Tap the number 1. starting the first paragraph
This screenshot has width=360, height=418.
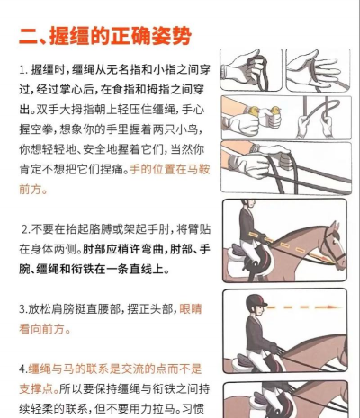click(x=23, y=70)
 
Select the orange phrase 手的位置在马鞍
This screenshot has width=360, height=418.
click(x=170, y=170)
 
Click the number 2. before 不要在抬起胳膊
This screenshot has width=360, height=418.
click(x=26, y=229)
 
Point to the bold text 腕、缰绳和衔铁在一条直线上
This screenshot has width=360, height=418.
click(x=94, y=269)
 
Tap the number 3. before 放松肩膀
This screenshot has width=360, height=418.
click(x=23, y=309)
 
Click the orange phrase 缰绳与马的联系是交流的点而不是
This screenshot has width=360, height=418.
click(x=115, y=369)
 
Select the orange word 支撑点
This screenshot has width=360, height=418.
click(x=39, y=388)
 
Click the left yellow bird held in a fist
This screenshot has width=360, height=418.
click(x=254, y=111)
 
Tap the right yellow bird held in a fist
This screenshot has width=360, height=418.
click(x=275, y=111)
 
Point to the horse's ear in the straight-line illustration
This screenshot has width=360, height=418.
click(x=335, y=227)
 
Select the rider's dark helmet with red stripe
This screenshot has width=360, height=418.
click(x=256, y=301)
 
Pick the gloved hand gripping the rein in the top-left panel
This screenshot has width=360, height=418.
click(x=243, y=68)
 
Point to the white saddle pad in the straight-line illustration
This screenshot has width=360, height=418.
click(x=236, y=260)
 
